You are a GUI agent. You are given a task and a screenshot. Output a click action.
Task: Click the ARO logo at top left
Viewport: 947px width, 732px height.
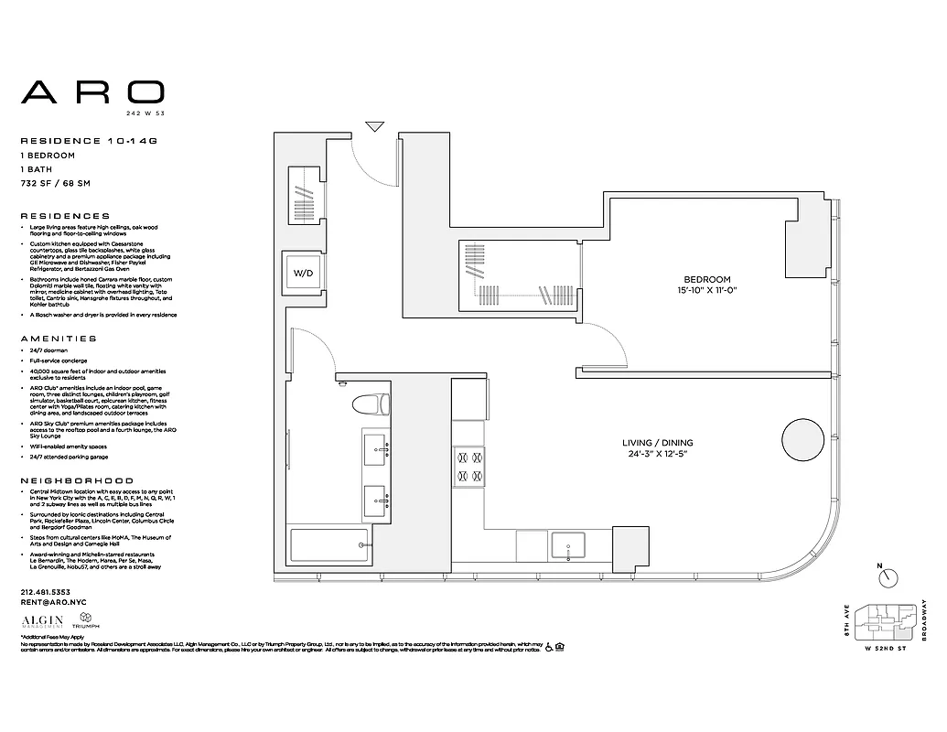click(x=92, y=91)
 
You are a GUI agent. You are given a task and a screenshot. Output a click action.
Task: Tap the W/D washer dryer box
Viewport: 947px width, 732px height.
click(x=302, y=273)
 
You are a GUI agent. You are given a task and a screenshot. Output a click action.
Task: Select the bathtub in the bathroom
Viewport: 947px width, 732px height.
click(x=328, y=547)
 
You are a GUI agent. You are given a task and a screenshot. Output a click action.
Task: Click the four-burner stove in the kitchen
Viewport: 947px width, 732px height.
click(x=468, y=466)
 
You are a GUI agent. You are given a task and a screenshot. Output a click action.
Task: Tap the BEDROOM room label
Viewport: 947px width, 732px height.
click(x=707, y=279)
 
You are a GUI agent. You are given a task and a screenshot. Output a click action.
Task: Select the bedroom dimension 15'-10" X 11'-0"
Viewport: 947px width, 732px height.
click(x=707, y=291)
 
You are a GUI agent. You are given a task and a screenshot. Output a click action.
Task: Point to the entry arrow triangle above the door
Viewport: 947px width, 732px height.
click(x=374, y=126)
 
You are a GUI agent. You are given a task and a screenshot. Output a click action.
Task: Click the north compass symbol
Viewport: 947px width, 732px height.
click(x=887, y=576)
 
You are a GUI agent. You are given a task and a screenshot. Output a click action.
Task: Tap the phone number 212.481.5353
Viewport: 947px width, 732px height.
click(x=47, y=592)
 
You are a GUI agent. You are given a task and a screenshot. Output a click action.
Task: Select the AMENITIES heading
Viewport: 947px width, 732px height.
click(x=53, y=338)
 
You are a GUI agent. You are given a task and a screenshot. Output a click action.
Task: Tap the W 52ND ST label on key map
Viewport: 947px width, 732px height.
click(x=886, y=649)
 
